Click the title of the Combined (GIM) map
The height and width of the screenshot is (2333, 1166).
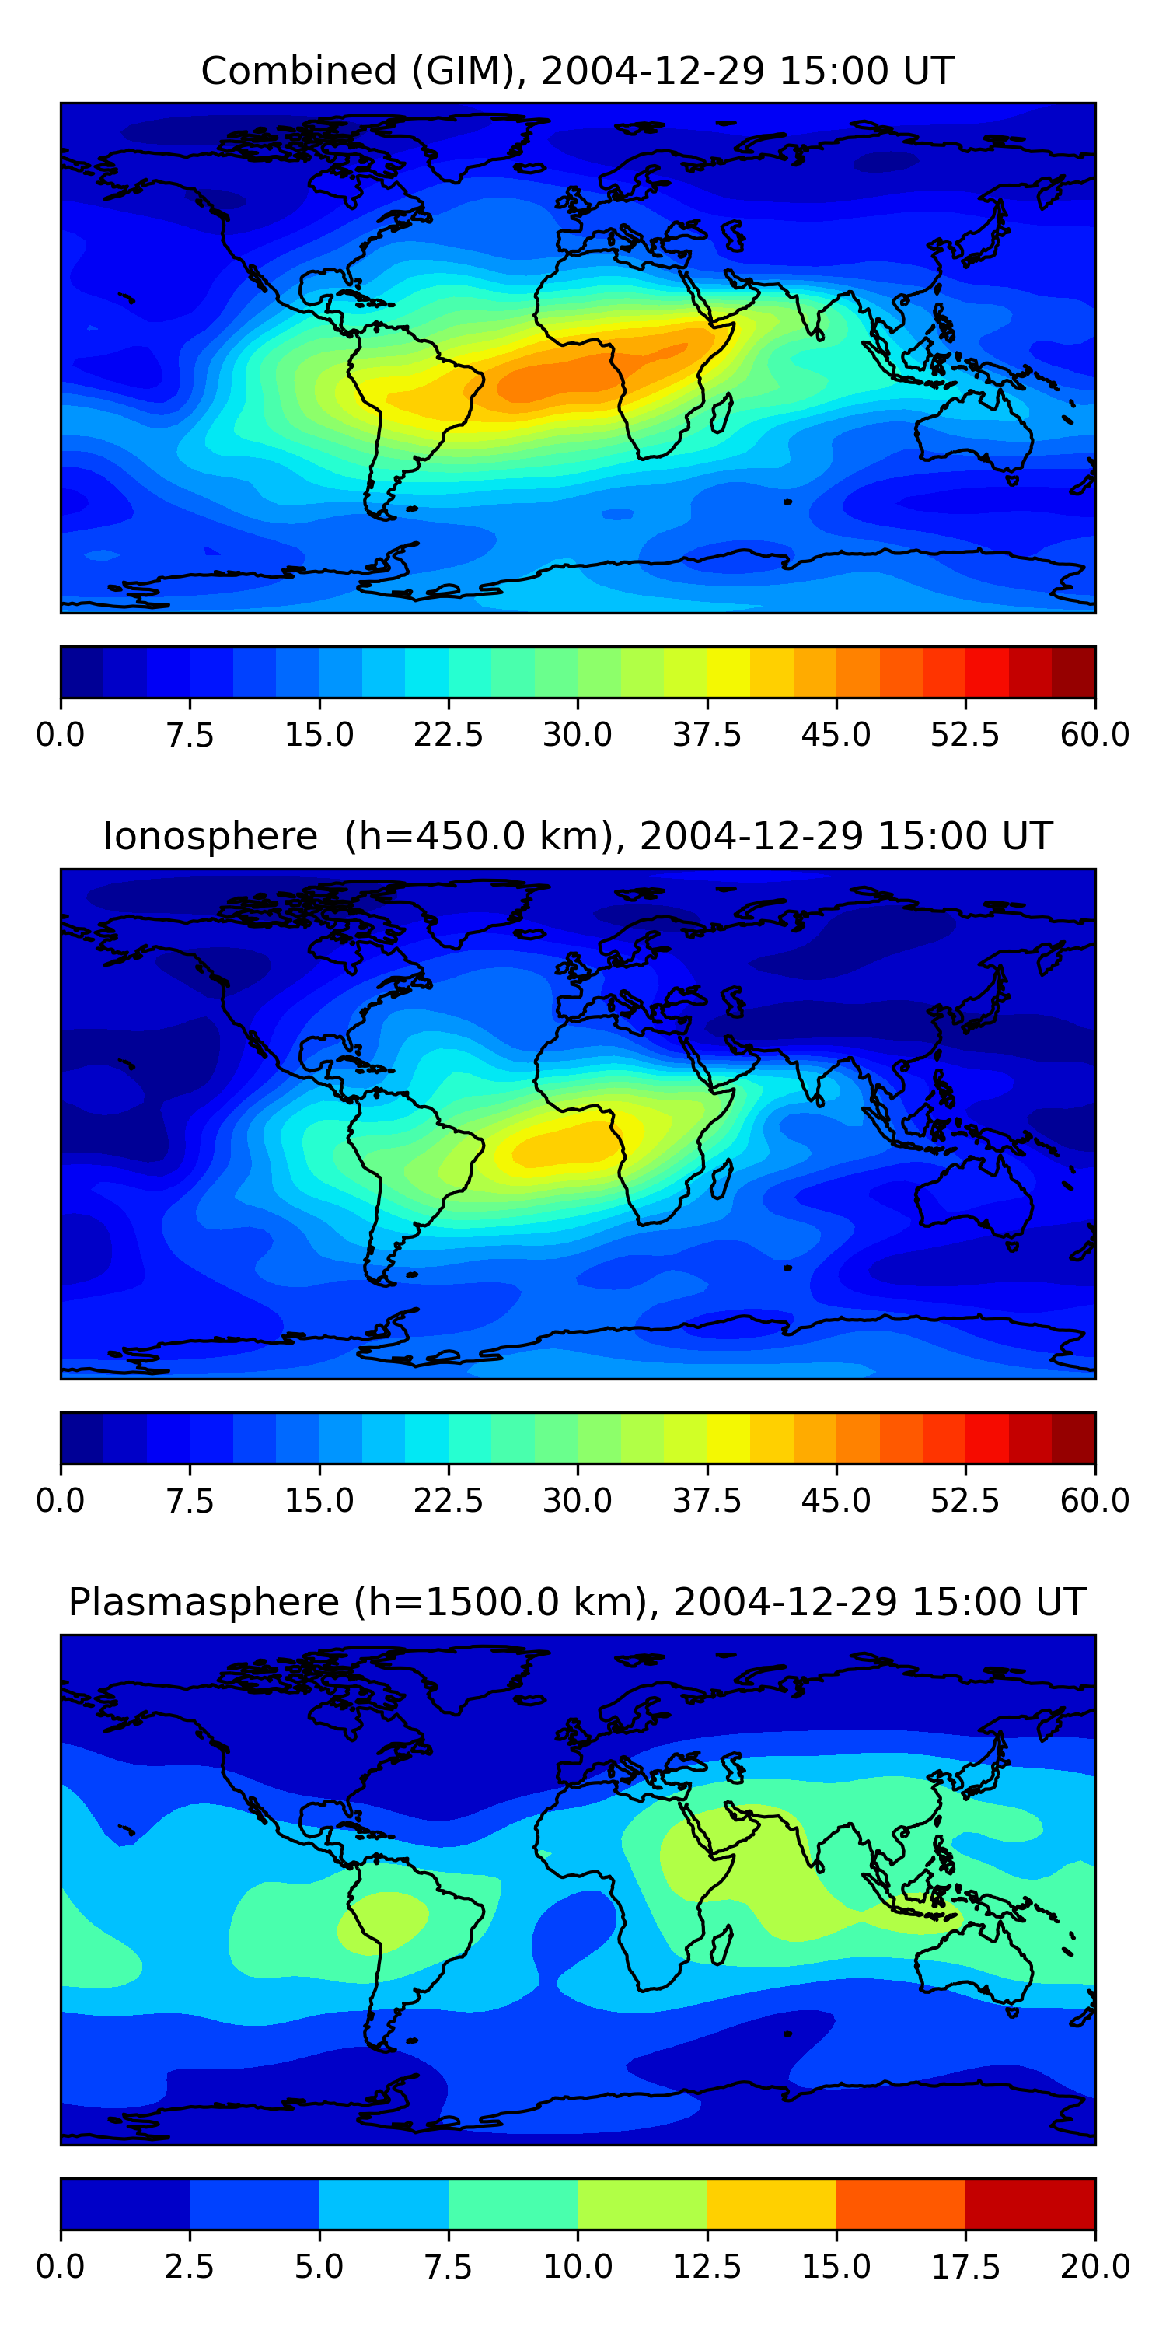tap(578, 71)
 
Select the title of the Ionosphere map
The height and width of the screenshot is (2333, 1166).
tap(578, 836)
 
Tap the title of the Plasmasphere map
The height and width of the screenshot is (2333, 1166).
tap(578, 1602)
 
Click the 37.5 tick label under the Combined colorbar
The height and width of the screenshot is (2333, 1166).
tap(707, 734)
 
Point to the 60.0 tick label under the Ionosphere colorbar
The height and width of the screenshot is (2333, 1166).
tap(1094, 1501)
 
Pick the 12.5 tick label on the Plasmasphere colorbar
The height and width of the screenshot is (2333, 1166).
tap(707, 2267)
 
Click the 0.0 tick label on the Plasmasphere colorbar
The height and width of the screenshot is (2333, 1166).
tap(61, 2267)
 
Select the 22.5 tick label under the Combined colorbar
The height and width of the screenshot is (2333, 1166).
tap(448, 734)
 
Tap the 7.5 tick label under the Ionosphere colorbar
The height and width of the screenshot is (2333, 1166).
tap(190, 1501)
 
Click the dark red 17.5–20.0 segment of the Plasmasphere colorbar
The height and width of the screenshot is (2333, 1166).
tap(1030, 2203)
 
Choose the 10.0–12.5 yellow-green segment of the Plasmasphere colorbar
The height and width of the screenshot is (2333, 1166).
tap(642, 2203)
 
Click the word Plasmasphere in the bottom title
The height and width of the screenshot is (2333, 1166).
tap(204, 1602)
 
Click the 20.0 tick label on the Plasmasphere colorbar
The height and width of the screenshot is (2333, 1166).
tap(1094, 2267)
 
